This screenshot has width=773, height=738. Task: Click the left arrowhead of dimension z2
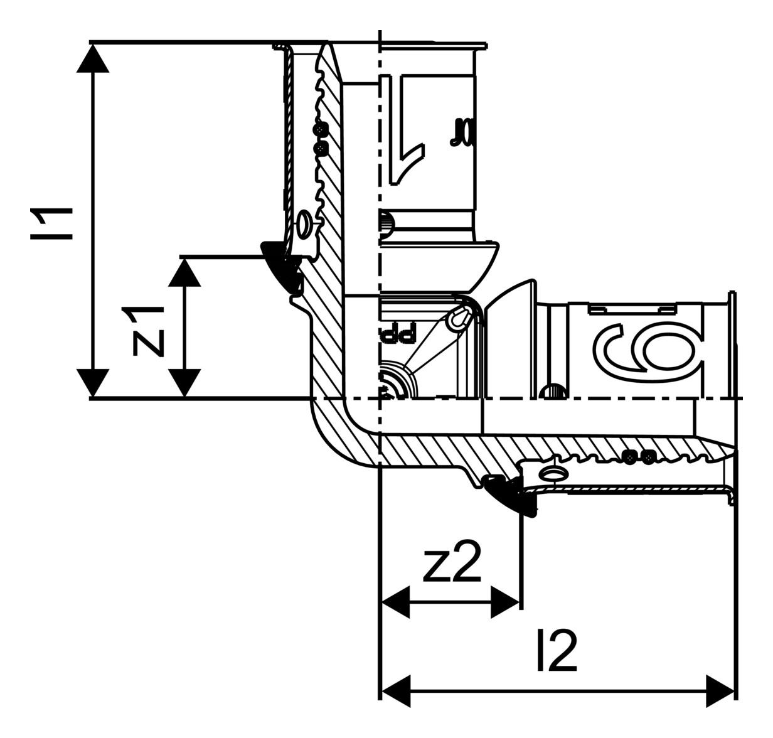(x=395, y=603)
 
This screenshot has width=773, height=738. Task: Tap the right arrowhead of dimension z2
(x=506, y=603)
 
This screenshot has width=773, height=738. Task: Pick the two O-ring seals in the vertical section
(x=321, y=139)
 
